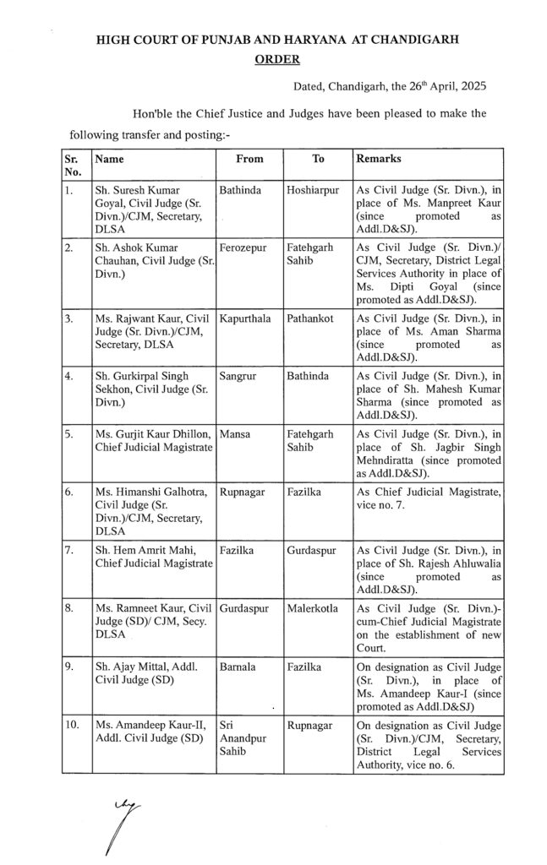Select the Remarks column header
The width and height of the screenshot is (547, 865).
coord(379,158)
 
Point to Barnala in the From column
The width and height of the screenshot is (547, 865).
coord(238,667)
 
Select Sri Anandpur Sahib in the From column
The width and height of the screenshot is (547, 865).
coord(239,740)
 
